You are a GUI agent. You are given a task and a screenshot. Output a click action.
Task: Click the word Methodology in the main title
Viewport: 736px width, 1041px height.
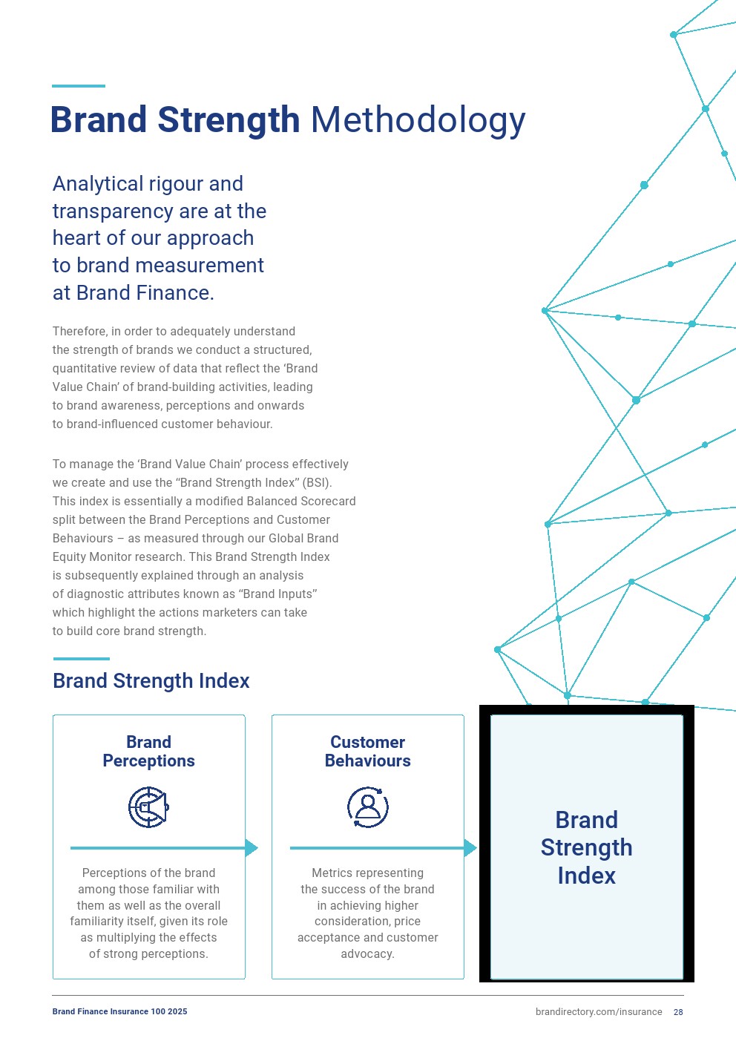pyautogui.click(x=418, y=120)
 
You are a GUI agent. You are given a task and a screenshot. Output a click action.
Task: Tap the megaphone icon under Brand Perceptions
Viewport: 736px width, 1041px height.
pyautogui.click(x=148, y=807)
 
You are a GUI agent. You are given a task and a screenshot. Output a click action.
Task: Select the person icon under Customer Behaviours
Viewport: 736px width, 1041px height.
pyautogui.click(x=368, y=807)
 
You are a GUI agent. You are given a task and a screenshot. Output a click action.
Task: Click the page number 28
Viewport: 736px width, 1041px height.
pyautogui.click(x=678, y=1012)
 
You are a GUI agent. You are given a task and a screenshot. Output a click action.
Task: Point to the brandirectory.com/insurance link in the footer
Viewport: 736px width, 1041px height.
pyautogui.click(x=598, y=1012)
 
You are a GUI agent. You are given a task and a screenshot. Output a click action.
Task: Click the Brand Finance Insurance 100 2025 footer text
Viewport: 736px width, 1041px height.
pyautogui.click(x=119, y=1011)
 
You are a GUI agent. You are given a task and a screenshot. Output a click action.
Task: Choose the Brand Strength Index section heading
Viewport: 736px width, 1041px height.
pyautogui.click(x=151, y=681)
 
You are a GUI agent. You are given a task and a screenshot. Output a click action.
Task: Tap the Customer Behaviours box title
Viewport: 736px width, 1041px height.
pyautogui.click(x=368, y=752)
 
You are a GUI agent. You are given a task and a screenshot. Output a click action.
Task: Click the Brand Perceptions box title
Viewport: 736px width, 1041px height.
pyautogui.click(x=148, y=752)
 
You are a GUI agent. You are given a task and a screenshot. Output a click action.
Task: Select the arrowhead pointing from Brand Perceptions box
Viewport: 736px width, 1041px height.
pyautogui.click(x=252, y=847)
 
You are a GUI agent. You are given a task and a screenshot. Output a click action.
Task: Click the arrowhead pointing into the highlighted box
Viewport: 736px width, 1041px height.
pyautogui.click(x=470, y=847)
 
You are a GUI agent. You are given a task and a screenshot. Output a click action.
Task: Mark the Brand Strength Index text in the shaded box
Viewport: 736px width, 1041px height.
pyautogui.click(x=586, y=847)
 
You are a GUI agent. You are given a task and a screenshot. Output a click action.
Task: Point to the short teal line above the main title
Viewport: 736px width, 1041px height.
pyautogui.click(x=79, y=86)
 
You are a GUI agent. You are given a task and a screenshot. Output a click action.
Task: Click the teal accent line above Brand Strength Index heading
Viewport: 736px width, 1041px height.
pyautogui.click(x=81, y=658)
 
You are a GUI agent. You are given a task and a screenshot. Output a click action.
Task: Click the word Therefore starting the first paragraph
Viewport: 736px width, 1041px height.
pyautogui.click(x=79, y=332)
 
